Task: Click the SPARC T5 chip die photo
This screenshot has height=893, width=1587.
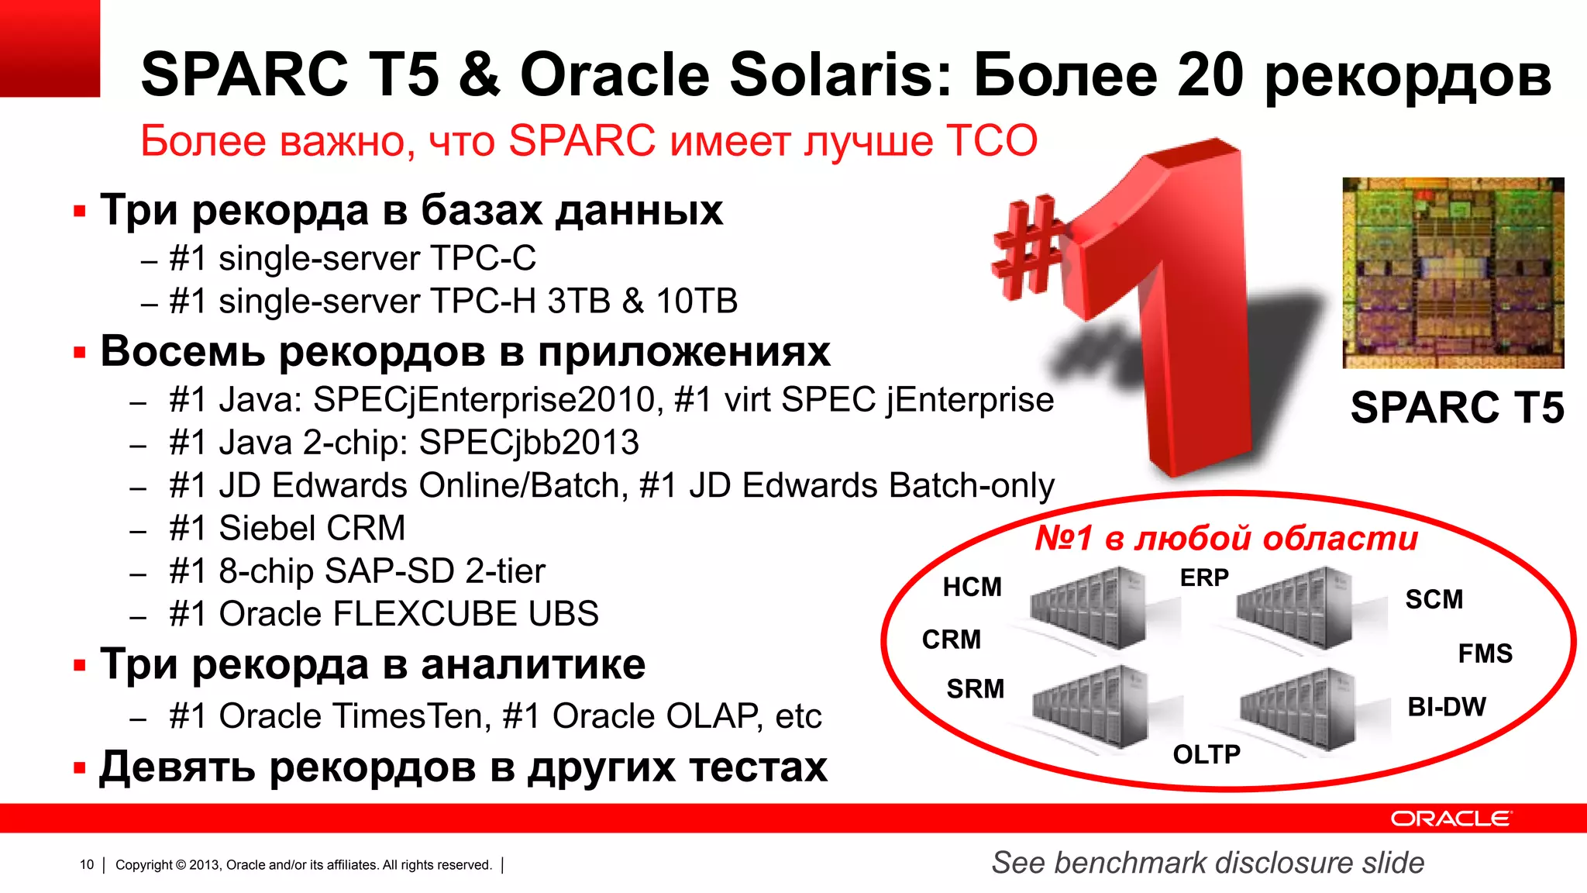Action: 1453,273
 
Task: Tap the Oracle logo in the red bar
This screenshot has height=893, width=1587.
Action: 1451,819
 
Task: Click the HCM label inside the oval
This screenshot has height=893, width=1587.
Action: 972,588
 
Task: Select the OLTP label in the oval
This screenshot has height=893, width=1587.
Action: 1206,754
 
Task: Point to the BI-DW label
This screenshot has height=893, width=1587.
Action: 1446,707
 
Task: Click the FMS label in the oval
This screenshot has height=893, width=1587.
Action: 1485,653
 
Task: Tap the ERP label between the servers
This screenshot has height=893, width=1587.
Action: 1203,578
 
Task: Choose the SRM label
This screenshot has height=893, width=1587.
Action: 975,688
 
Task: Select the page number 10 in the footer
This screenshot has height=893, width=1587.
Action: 87,864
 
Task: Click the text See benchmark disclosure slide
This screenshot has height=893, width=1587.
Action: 1207,863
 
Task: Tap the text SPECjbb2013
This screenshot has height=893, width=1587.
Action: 528,443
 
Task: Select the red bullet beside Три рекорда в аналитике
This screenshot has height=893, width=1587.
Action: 79,666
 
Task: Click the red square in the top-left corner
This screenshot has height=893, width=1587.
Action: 50,48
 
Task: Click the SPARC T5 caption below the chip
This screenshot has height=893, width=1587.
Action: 1456,408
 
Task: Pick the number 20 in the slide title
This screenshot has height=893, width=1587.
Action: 1210,75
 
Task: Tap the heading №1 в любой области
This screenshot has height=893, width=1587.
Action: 1226,538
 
